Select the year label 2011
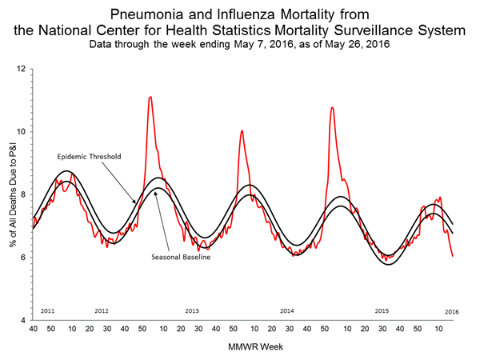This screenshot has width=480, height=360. point(47,310)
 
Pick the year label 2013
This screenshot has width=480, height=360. point(192,310)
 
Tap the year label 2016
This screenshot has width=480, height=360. point(452,310)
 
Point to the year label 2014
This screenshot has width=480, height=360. point(287,310)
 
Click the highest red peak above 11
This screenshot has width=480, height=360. point(150,97)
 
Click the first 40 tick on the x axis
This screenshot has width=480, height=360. point(34,329)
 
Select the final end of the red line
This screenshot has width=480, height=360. point(453,256)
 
